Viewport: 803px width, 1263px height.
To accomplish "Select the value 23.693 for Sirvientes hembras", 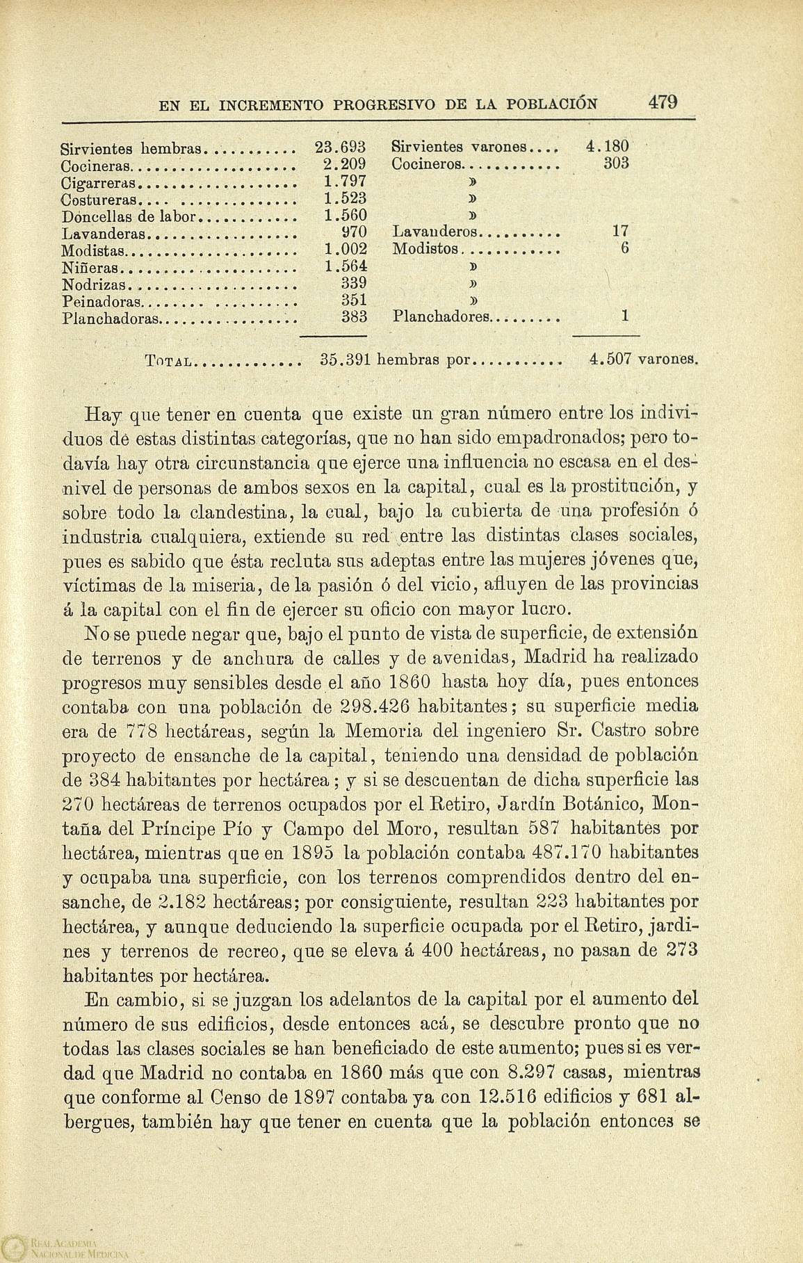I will pos(340,147).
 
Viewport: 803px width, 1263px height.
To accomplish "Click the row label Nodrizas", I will pos(92,284).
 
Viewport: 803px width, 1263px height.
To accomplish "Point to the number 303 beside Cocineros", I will pos(616,164).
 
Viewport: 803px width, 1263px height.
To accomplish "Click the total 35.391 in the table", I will pos(346,360).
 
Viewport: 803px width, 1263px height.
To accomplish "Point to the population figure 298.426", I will pos(379,706).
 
